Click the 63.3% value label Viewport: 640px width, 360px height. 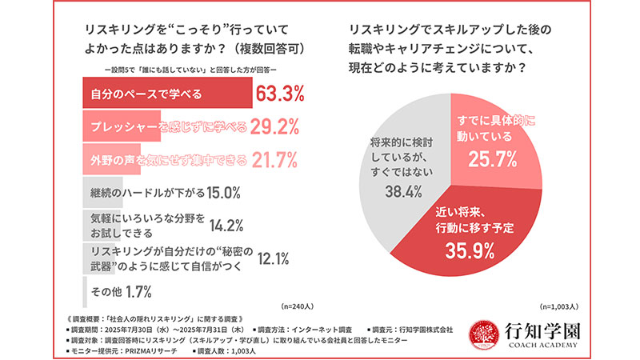click(280, 94)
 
